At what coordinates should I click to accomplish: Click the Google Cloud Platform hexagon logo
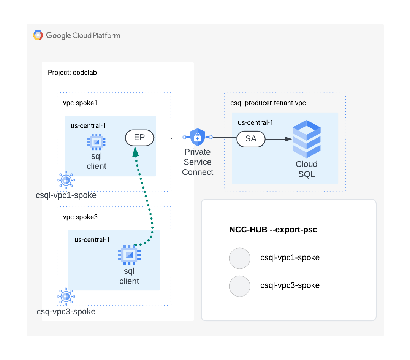pos(38,35)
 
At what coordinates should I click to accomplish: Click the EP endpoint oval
pos(139,138)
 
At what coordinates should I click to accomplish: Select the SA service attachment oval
pos(251,139)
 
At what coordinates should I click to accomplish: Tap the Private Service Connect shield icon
pos(198,137)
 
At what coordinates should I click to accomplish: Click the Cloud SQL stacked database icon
pos(306,139)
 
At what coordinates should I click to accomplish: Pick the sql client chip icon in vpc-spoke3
pos(129,255)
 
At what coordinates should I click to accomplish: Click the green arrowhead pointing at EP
pos(135,151)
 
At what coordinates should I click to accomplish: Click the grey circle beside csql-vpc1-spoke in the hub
pos(240,258)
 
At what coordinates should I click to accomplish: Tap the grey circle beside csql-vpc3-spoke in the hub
pos(240,286)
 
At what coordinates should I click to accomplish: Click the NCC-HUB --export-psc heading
pos(273,230)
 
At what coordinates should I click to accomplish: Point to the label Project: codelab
pos(72,73)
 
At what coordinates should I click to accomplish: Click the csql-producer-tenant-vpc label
pos(268,103)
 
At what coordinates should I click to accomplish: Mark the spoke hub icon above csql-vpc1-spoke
pos(66,180)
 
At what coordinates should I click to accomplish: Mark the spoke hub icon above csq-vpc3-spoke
pos(66,296)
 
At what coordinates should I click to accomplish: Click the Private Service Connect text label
pos(198,162)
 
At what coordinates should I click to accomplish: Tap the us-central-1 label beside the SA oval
pos(255,122)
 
